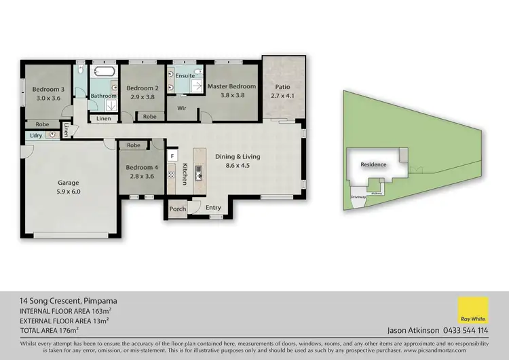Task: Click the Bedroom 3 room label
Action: click(x=48, y=89)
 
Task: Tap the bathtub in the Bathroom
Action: click(x=104, y=72)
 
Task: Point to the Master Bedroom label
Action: click(x=231, y=86)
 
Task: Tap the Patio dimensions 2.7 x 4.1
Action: click(x=283, y=96)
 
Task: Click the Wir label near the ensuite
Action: click(x=182, y=108)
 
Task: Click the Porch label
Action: click(x=178, y=209)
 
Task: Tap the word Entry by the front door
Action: click(x=213, y=208)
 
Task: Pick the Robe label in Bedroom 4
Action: click(x=133, y=145)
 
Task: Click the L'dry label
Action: click(x=35, y=135)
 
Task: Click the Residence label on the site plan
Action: click(x=373, y=164)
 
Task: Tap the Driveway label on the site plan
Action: click(x=358, y=197)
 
